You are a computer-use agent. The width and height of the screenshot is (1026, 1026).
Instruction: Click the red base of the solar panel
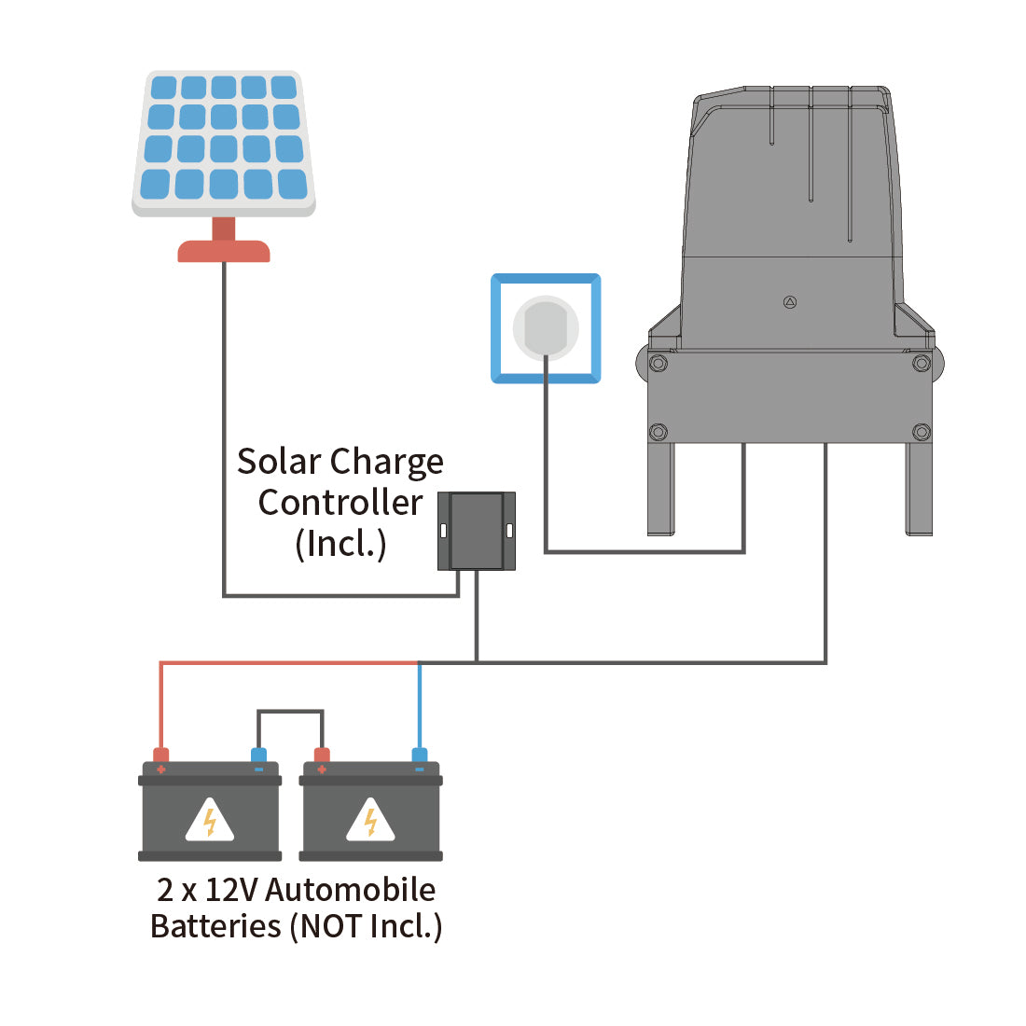click(224, 251)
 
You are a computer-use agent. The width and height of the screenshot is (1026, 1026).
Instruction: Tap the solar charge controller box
click(477, 532)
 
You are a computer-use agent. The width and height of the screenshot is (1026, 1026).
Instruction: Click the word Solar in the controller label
click(279, 462)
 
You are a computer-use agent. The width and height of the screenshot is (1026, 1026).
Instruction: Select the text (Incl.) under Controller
click(340, 544)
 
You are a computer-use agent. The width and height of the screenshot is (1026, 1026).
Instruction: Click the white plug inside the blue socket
click(546, 327)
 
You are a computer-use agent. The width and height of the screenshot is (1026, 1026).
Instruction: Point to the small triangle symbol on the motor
click(790, 302)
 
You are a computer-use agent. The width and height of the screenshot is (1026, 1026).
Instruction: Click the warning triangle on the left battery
click(210, 821)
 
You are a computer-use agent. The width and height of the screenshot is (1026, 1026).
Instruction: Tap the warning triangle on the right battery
click(370, 821)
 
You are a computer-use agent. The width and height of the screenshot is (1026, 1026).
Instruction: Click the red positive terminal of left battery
click(161, 756)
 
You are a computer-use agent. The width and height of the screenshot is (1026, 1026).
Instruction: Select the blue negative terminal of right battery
click(420, 756)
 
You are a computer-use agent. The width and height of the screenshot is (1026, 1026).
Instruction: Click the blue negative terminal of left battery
click(258, 756)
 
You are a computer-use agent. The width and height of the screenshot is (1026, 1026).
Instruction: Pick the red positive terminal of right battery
click(322, 756)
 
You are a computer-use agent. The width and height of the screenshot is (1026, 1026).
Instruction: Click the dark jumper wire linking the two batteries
click(290, 712)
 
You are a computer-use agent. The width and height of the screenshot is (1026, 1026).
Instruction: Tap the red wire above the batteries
click(280, 663)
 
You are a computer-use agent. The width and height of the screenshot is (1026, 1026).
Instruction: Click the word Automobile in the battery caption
click(350, 890)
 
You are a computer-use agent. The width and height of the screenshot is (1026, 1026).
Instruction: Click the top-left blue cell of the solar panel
click(163, 89)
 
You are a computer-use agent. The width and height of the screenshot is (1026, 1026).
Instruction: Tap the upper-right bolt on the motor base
click(921, 363)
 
